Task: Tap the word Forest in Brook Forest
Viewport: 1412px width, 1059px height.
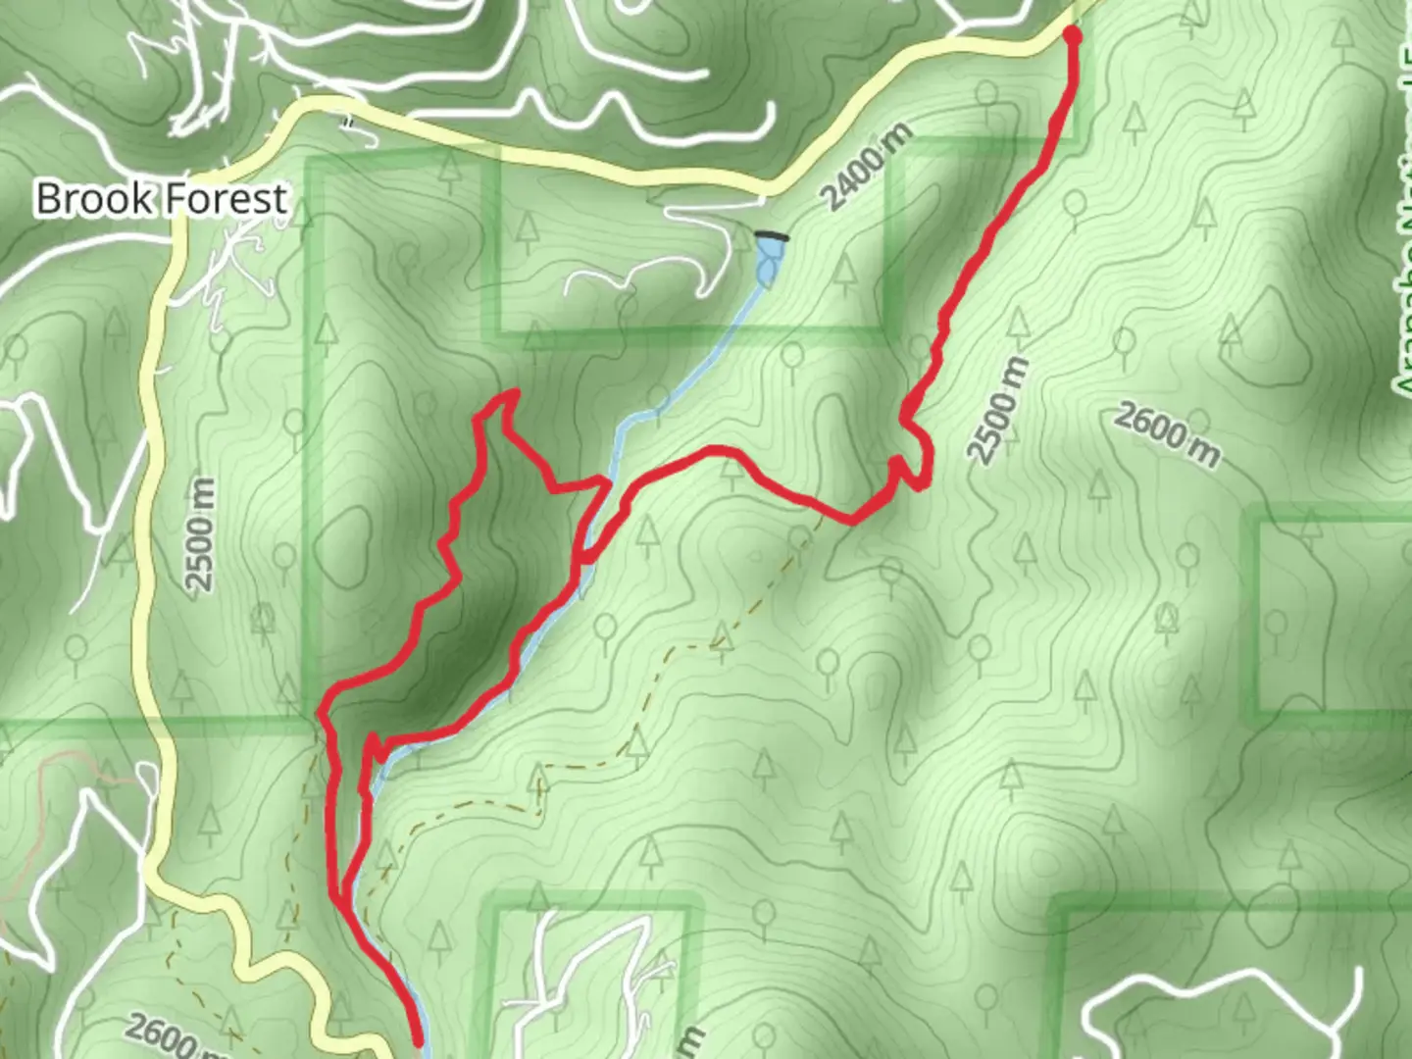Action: (224, 198)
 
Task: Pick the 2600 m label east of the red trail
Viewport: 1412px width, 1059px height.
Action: (1167, 434)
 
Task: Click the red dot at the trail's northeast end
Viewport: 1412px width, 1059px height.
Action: (1072, 36)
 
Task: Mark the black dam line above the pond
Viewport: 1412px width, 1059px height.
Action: (773, 235)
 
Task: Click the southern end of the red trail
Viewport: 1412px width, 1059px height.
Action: (420, 1041)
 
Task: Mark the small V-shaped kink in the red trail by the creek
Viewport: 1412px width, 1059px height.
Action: (377, 749)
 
